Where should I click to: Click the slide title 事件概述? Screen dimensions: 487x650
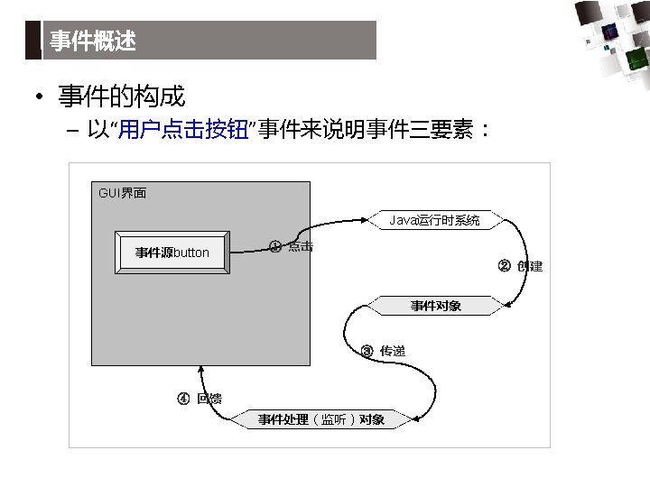click(x=92, y=41)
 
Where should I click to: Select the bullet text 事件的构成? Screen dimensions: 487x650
click(x=121, y=96)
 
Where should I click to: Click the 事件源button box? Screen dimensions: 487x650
click(x=172, y=253)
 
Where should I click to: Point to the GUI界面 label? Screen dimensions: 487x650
click(x=122, y=194)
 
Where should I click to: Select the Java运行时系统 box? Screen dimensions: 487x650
click(x=435, y=220)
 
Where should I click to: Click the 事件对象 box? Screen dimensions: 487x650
click(x=435, y=306)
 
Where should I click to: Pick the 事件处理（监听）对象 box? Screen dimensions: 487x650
click(x=321, y=419)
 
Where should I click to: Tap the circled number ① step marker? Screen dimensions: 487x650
click(x=275, y=246)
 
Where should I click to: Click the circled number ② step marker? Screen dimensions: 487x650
click(x=505, y=265)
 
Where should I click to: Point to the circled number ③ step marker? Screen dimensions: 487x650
click(x=367, y=351)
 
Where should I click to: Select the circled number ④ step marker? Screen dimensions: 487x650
click(x=182, y=399)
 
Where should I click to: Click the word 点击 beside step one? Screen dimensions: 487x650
click(x=301, y=246)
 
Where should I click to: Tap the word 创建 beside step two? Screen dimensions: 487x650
click(x=530, y=266)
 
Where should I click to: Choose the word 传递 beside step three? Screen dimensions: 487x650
click(x=393, y=351)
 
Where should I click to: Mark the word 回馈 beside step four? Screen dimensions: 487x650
click(x=209, y=399)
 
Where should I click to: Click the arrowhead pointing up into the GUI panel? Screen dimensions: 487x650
click(x=201, y=372)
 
